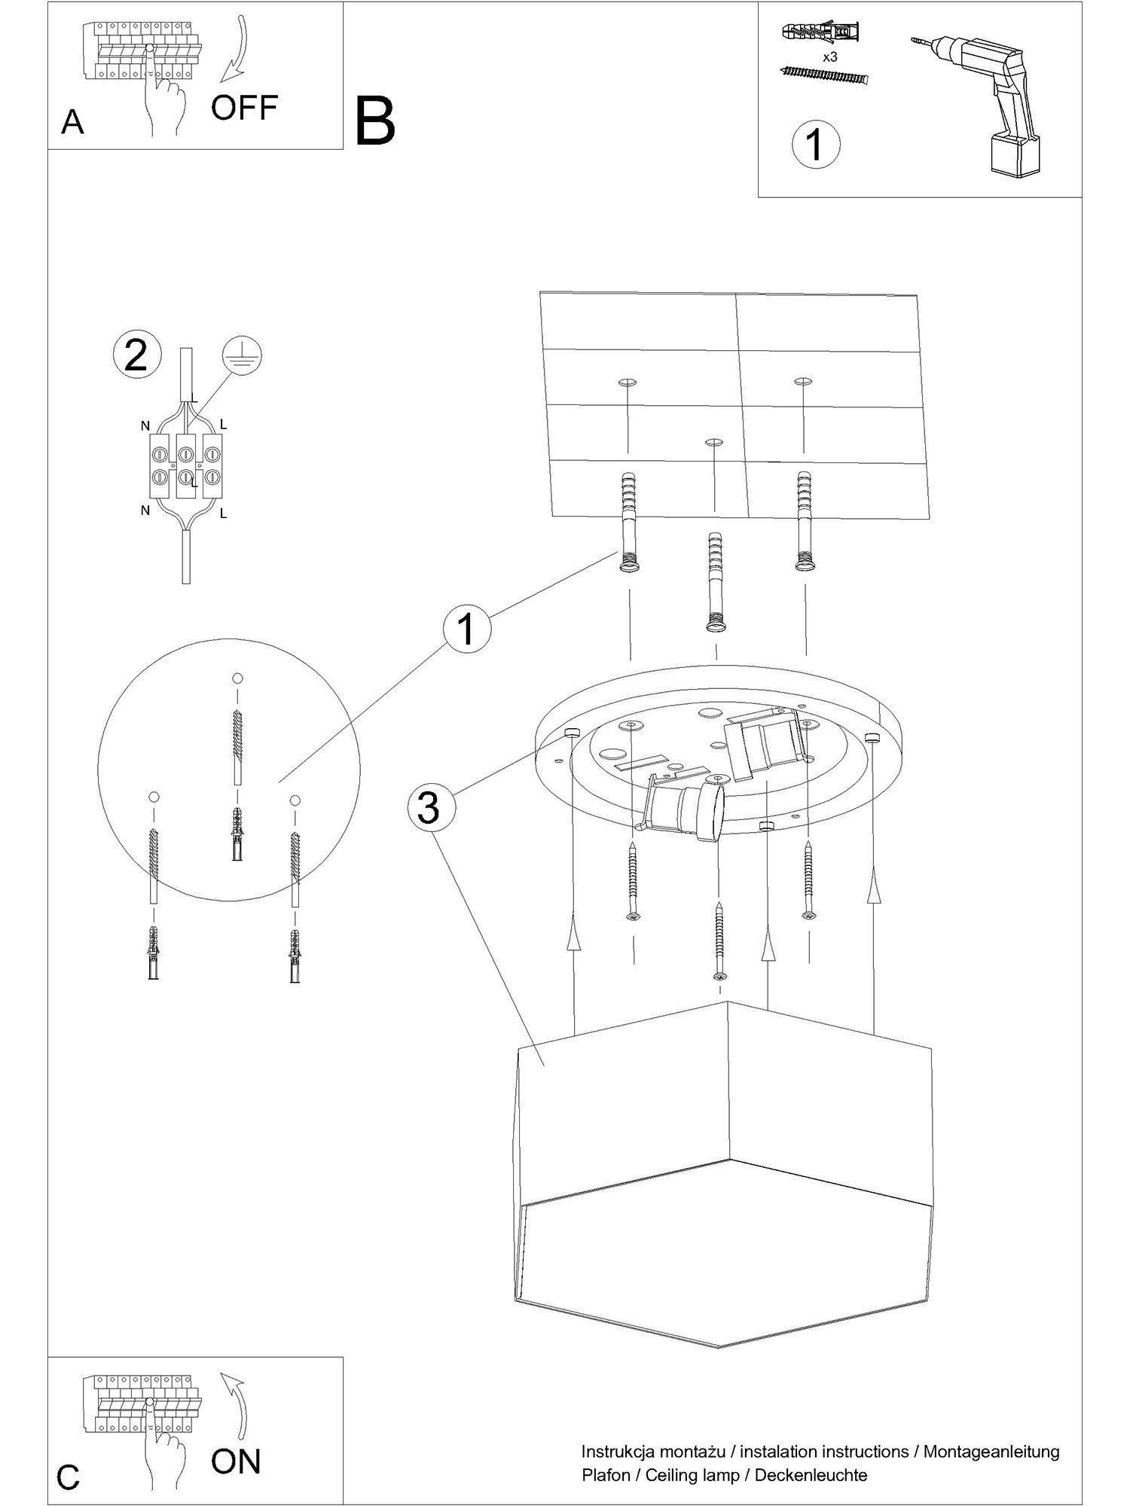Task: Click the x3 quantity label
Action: [x=829, y=56]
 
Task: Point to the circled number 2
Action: [x=136, y=355]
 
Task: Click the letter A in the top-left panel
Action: [x=72, y=122]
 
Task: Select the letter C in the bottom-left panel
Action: [x=69, y=1477]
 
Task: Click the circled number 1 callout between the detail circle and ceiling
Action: [x=467, y=630]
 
